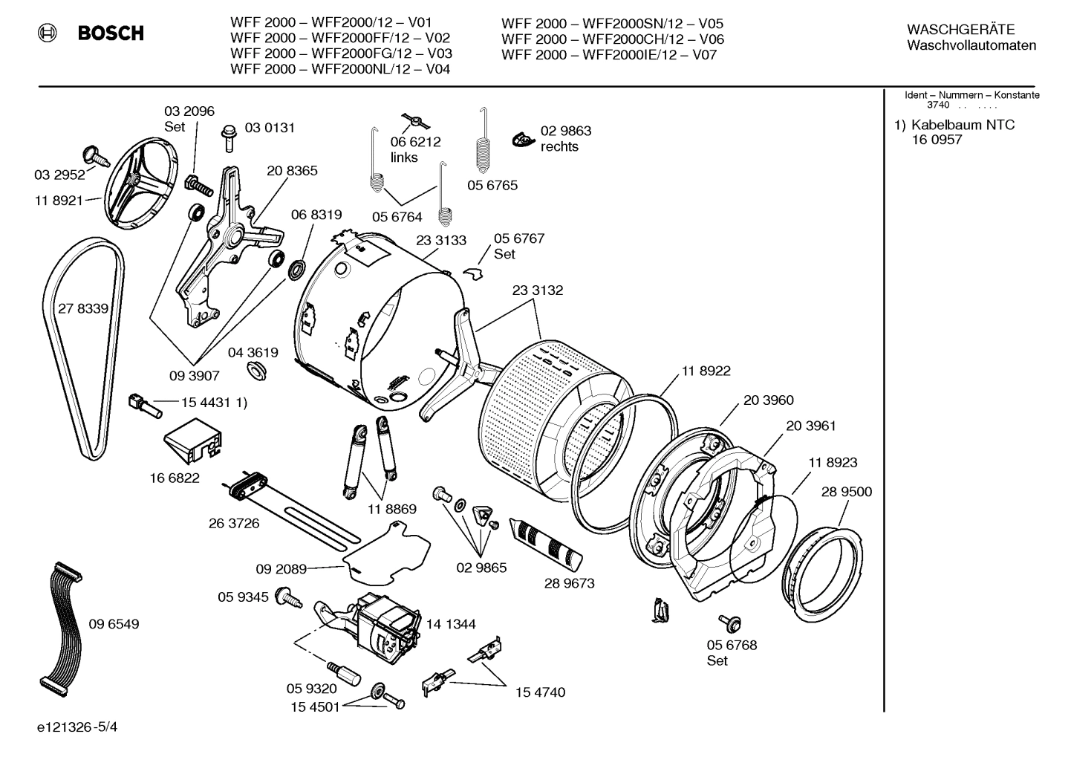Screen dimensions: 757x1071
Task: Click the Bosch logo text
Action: (x=111, y=33)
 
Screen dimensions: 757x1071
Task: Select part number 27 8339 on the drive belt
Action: (x=83, y=309)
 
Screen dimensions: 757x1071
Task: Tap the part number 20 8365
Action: (x=292, y=171)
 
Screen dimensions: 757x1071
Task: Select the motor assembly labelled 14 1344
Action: (x=386, y=624)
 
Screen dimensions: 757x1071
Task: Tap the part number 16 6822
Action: (x=175, y=478)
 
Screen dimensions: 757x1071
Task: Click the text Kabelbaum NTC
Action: (x=963, y=125)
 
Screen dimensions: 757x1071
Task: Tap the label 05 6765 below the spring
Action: (x=492, y=186)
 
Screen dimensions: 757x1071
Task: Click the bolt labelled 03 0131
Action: (x=228, y=138)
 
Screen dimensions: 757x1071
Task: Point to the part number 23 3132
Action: (x=537, y=290)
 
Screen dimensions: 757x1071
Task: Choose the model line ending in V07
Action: (x=608, y=55)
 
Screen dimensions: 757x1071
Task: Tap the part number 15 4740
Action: (x=540, y=692)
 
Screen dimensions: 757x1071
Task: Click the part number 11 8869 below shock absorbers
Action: (x=391, y=510)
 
